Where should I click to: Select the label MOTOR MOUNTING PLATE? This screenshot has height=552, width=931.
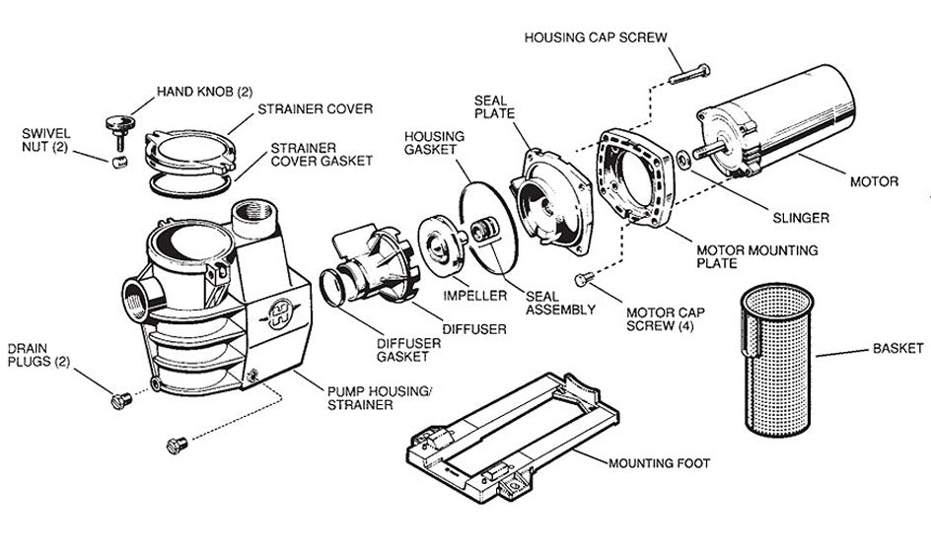coord(757,258)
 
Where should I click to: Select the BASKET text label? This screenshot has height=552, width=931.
coord(897,348)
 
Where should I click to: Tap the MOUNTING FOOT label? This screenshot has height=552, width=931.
coord(659,461)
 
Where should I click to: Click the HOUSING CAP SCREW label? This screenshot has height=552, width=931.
coord(596,37)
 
